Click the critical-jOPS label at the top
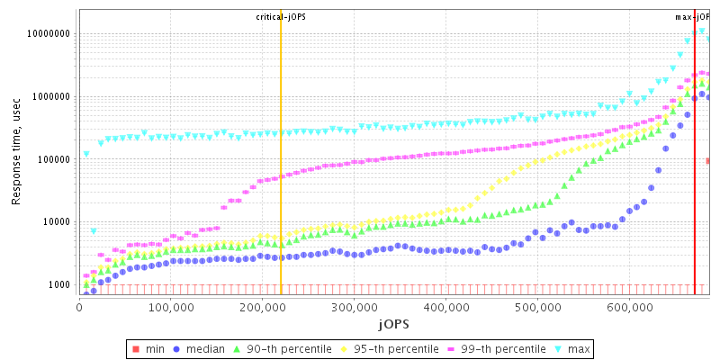[x=281, y=16]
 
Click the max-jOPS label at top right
[x=692, y=16]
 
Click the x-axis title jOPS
[x=393, y=323]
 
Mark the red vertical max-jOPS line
[x=695, y=180]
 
